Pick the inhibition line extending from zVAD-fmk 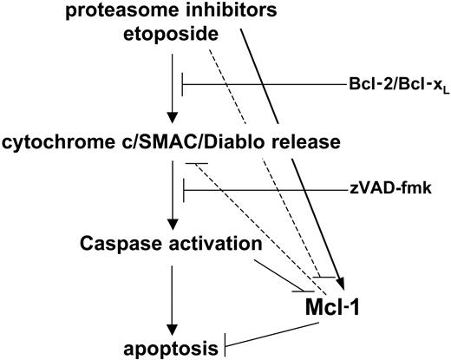coord(260,187)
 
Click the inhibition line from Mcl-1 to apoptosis coord(278,338)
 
